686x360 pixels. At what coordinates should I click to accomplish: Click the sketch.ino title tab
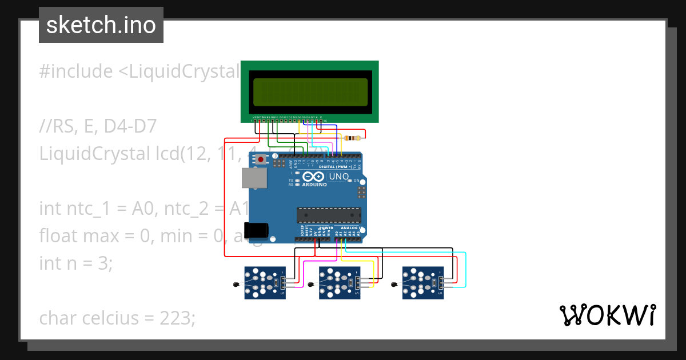[101, 25]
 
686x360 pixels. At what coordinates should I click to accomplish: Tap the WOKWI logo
[607, 315]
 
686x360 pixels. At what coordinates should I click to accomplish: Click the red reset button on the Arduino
[261, 159]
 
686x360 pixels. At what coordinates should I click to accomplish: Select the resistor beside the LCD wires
[354, 138]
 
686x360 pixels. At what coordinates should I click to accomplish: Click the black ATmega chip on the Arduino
[329, 215]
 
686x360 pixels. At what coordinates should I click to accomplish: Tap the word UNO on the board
[339, 177]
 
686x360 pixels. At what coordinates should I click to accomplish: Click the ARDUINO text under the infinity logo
[314, 185]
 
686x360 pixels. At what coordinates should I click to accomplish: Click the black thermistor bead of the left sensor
[236, 285]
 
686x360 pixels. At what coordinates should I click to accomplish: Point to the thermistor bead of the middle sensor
[310, 285]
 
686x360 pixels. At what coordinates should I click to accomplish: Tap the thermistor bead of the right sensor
[394, 285]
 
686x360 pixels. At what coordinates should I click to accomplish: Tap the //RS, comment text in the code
[59, 126]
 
